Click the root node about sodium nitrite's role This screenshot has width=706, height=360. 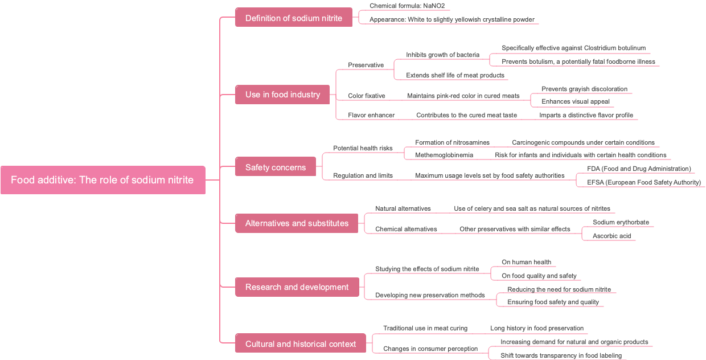tap(102, 180)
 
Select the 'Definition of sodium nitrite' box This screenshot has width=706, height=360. tap(294, 18)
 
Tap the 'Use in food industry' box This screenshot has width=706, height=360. tap(282, 95)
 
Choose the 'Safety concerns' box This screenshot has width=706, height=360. tap(276, 167)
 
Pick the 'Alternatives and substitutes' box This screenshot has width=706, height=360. tap(297, 223)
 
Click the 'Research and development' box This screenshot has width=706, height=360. tap(297, 287)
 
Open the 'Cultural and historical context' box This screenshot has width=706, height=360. tap(301, 344)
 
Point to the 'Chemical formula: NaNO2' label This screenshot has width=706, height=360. tap(407, 6)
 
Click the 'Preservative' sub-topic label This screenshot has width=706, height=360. tap(366, 65)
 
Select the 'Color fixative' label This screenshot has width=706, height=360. tap(367, 96)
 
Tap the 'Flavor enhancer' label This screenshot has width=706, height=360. tap(371, 115)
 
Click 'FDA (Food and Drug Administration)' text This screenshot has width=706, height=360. tap(639, 169)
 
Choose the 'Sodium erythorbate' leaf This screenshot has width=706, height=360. tap(621, 222)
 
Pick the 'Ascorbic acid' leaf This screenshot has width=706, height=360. tap(612, 236)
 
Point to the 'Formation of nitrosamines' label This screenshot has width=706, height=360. tap(452, 142)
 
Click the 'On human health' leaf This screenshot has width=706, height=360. tap(527, 262)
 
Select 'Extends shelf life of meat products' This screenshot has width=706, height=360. tap(455, 75)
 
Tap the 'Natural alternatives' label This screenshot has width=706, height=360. tap(403, 208)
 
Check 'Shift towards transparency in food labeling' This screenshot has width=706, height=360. tap(561, 355)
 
